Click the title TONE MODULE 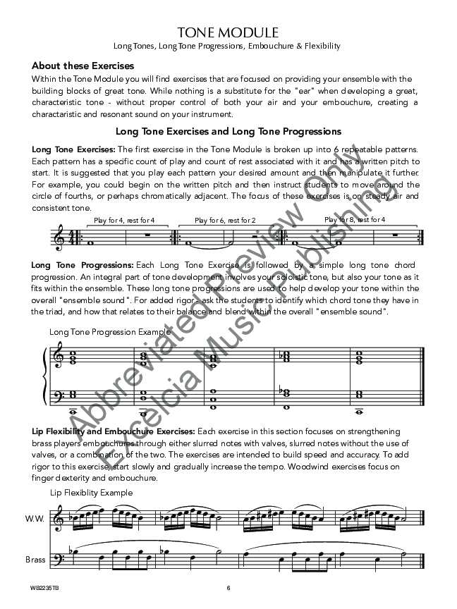coord(228,32)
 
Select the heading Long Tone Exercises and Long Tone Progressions coord(228,131)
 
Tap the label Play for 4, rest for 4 coord(124,221)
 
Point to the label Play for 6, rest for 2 coord(226,221)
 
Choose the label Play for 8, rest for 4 coord(355,219)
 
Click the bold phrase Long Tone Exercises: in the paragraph coord(73,149)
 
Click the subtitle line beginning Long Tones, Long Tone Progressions coord(228,47)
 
